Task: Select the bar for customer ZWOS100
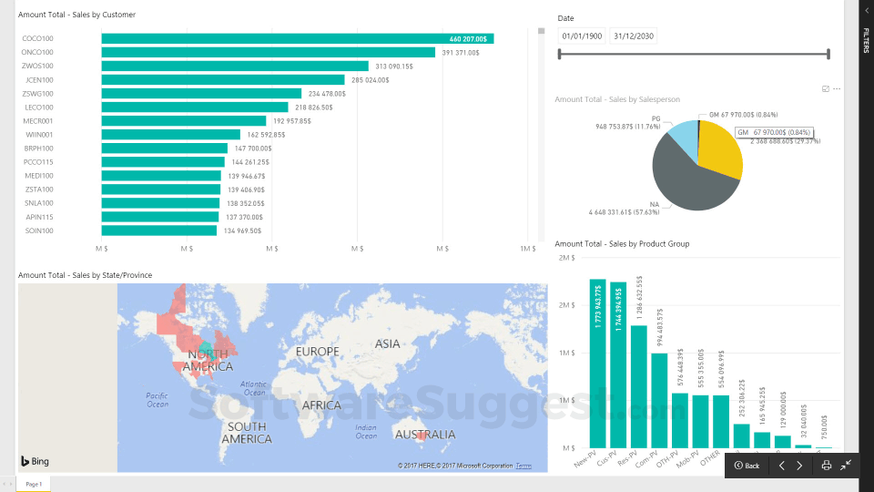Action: pyautogui.click(x=235, y=66)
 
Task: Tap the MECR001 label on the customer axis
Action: pyautogui.click(x=38, y=121)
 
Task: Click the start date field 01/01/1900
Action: pyautogui.click(x=582, y=36)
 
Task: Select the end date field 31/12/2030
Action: pyautogui.click(x=633, y=36)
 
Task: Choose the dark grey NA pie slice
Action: pyautogui.click(x=687, y=182)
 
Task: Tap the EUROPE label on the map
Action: pyautogui.click(x=317, y=352)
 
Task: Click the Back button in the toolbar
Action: pyautogui.click(x=747, y=466)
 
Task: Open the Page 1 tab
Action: pyautogui.click(x=34, y=484)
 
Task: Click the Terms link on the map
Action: pyautogui.click(x=523, y=466)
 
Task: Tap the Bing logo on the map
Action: pyautogui.click(x=35, y=461)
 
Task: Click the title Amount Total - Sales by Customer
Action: pyautogui.click(x=77, y=15)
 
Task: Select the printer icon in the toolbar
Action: pyautogui.click(x=826, y=466)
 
